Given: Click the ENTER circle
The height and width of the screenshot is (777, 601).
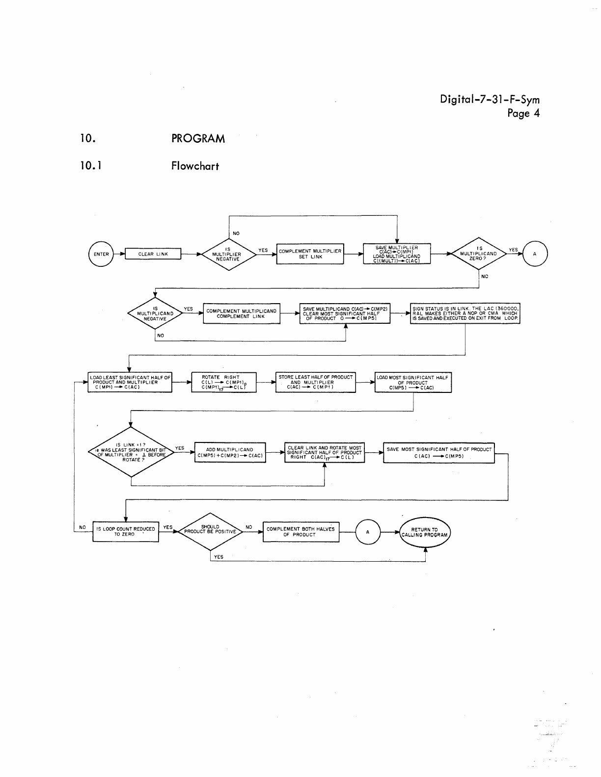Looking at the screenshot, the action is (101, 254).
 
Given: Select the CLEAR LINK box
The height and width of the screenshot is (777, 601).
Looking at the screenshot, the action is (153, 254).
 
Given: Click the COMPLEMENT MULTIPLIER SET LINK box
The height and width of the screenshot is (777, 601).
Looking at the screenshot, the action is (310, 254).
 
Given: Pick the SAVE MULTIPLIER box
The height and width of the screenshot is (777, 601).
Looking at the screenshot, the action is (396, 254).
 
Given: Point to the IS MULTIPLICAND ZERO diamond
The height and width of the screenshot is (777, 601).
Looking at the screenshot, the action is (479, 254).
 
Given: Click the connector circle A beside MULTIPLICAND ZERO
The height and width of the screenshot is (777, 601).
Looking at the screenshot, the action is (535, 254).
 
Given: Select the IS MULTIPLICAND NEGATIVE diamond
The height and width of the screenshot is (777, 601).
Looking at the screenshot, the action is (155, 313).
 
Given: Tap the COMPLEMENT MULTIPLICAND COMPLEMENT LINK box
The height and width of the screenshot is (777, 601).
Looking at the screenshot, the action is (241, 313).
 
